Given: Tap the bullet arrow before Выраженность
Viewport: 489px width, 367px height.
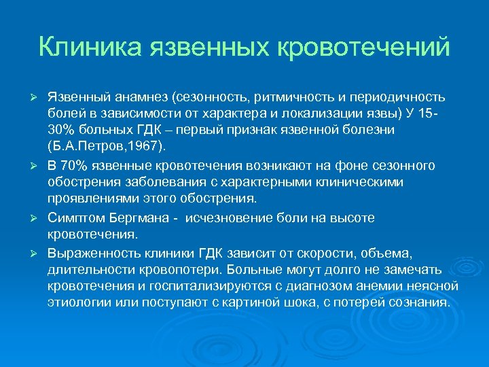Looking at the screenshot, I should [39, 254].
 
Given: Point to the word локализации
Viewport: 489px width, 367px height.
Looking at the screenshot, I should [329, 113].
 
